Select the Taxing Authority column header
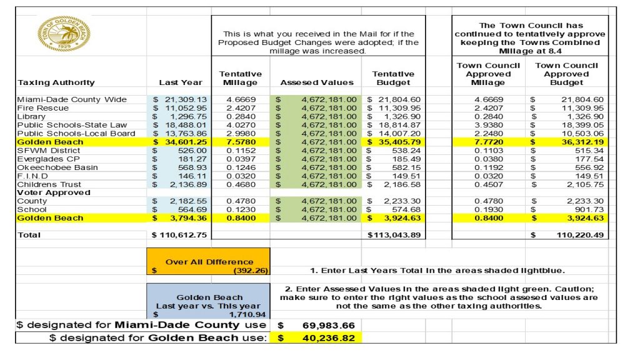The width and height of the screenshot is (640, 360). (56, 82)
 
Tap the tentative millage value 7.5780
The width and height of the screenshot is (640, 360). (240, 142)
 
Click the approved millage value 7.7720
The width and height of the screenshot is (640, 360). (487, 142)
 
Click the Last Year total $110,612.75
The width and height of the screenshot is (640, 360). (180, 235)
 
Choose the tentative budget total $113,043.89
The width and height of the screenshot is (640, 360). (394, 235)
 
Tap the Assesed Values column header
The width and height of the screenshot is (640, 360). (316, 82)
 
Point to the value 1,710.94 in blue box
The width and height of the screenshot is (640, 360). (248, 314)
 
